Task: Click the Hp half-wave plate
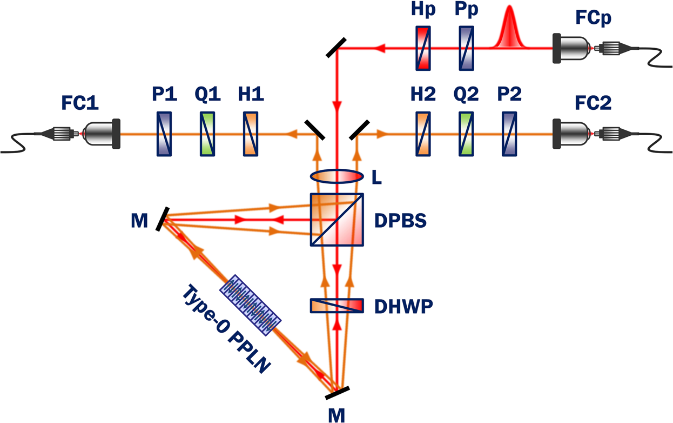click(424, 48)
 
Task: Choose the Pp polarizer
click(466, 48)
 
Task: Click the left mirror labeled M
click(161, 220)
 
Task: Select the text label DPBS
click(400, 221)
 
